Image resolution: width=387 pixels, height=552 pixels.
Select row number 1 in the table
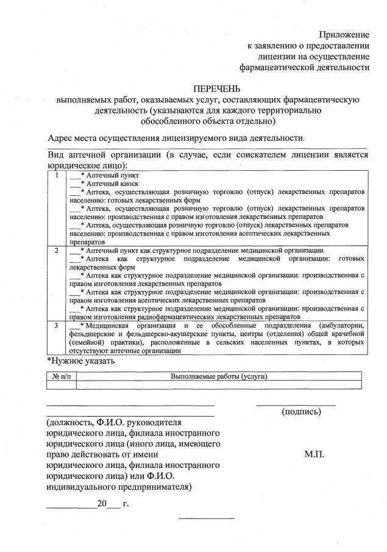(x=56, y=176)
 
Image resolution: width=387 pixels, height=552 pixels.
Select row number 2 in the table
(x=56, y=251)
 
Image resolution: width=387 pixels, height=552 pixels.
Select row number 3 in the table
(x=56, y=326)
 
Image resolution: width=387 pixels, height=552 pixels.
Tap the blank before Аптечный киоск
(x=74, y=184)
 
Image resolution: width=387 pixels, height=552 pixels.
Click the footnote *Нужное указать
(x=80, y=361)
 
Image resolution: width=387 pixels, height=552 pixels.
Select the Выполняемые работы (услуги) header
(x=219, y=376)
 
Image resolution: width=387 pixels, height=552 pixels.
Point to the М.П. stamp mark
(x=314, y=454)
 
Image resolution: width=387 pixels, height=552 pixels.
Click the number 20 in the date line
(x=101, y=504)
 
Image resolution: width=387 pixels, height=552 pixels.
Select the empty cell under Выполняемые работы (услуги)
(x=219, y=385)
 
